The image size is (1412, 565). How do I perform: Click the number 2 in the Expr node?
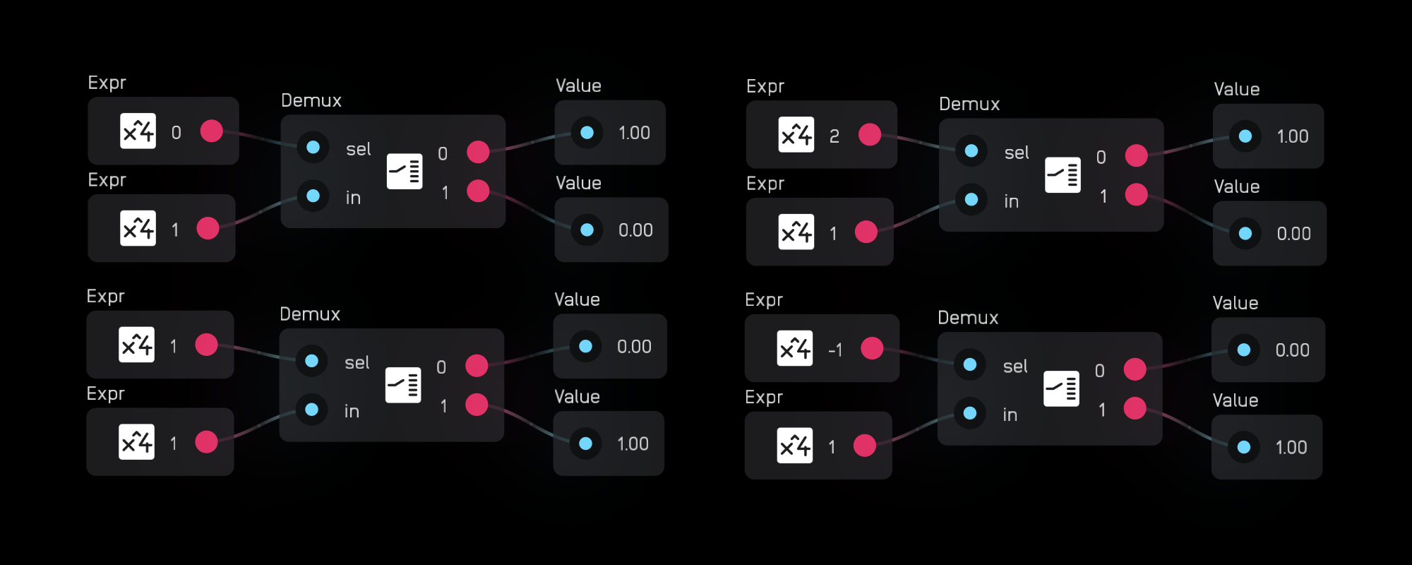click(834, 136)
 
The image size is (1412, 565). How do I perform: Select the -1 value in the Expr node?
click(835, 350)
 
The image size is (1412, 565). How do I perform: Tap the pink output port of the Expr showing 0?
click(211, 131)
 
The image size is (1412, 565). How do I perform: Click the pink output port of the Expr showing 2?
click(870, 134)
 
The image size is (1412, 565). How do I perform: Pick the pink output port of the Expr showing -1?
click(872, 348)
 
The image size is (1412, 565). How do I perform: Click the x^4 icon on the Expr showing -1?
click(795, 348)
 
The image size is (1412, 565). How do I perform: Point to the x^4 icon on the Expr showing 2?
click(796, 134)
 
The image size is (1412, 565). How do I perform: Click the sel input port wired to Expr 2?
click(971, 150)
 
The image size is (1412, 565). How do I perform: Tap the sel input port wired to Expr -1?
click(970, 364)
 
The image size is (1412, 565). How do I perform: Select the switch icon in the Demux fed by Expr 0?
click(405, 171)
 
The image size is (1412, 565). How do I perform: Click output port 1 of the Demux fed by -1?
click(1135, 408)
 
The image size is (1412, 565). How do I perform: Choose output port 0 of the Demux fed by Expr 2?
click(1136, 155)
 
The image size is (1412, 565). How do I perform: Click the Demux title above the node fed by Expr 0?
click(311, 100)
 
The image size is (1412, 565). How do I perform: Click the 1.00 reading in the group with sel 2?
click(1293, 136)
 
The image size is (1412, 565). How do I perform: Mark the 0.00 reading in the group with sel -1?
click(1292, 350)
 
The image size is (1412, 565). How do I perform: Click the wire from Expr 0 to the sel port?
click(261, 138)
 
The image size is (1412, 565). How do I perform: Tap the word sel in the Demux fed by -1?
click(1015, 367)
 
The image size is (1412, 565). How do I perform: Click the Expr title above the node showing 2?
click(765, 86)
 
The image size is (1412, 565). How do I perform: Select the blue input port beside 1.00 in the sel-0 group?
click(587, 132)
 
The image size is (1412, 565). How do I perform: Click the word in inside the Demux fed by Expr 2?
click(1012, 202)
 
